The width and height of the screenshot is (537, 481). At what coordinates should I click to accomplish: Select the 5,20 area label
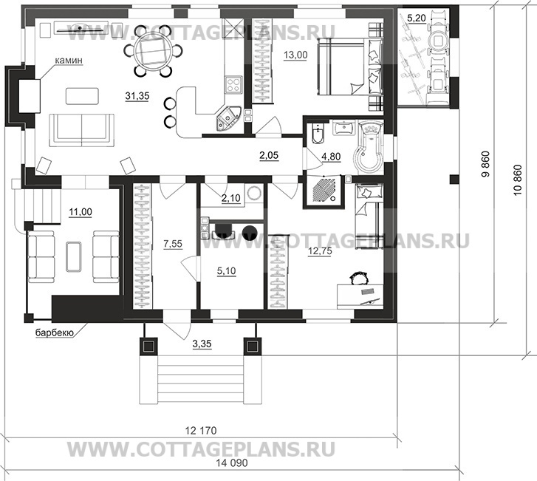[x=417, y=16]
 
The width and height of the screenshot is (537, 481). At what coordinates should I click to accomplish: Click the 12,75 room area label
[x=317, y=250]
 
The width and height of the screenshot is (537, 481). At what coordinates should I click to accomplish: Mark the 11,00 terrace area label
[x=80, y=213]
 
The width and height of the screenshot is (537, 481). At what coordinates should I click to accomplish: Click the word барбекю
[x=53, y=334]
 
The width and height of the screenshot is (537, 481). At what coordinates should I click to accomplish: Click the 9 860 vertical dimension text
[x=485, y=166]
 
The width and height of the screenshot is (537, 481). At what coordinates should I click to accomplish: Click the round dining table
[x=158, y=53]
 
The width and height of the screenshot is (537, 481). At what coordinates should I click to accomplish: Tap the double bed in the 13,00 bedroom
[x=344, y=65]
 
